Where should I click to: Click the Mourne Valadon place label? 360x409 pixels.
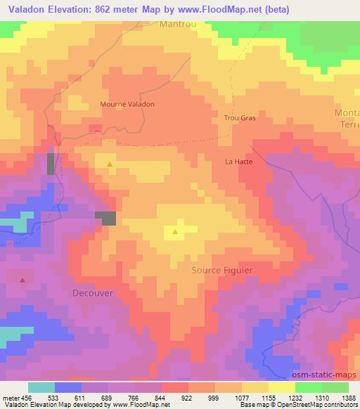coord(127,104)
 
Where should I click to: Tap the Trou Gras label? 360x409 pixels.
coord(240,118)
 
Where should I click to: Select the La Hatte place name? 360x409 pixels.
coord(238,161)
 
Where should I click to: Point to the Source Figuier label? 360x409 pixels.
coord(222,270)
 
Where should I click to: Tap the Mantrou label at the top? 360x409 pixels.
coord(179,23)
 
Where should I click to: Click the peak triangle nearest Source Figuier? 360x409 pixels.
coord(174,231)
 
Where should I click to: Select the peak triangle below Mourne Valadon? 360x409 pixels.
coord(109,164)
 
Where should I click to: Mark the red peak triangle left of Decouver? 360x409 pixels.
coord(22,280)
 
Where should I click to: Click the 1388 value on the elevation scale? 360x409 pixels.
coord(339,397)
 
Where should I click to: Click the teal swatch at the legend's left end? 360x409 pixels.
coord(41,387)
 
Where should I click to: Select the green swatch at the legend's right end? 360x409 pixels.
coord(335,387)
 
